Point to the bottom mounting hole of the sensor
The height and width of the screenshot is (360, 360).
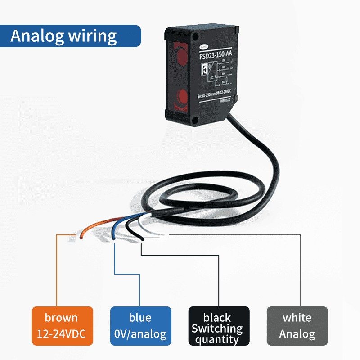point(195,119)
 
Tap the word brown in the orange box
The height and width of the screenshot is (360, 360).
point(61,318)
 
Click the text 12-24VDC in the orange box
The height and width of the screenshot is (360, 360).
point(62,334)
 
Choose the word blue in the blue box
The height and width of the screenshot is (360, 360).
point(140,318)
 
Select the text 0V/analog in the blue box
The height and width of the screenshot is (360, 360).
point(140,334)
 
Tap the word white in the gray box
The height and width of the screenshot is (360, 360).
point(297,318)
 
